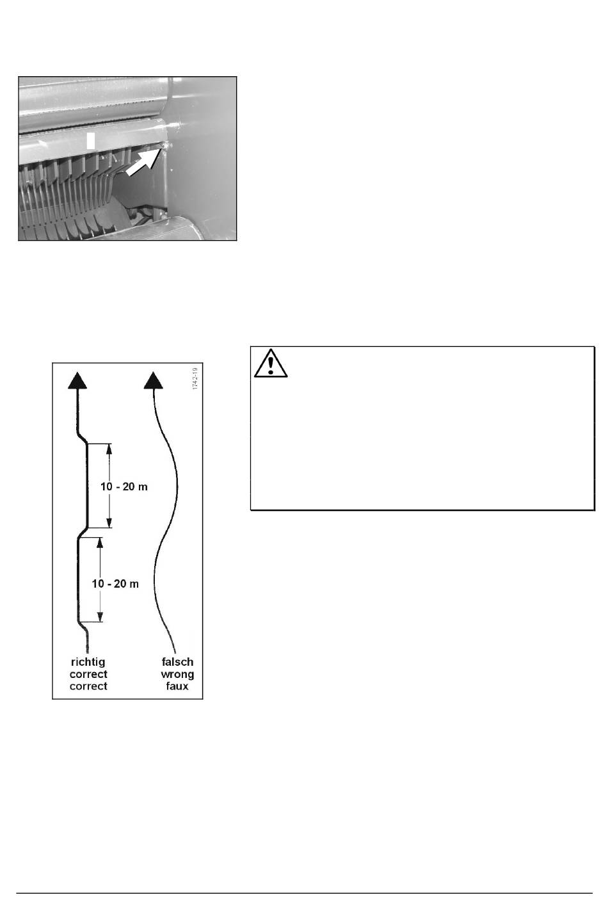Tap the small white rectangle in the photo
[91, 141]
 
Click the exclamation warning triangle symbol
[271, 363]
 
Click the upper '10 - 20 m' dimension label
[124, 487]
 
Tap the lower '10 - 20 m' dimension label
[115, 584]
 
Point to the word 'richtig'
[88, 662]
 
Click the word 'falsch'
[177, 662]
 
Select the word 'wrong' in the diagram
[177, 674]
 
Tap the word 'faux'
[177, 686]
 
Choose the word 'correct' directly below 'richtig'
[88, 674]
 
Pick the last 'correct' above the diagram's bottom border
[88, 686]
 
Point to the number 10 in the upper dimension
[107, 487]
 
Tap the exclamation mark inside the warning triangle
[271, 365]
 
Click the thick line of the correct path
[88, 487]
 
